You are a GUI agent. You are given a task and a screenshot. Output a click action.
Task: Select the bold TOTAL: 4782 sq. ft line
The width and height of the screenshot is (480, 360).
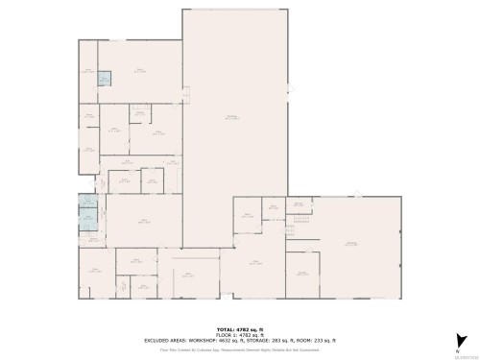(240, 327)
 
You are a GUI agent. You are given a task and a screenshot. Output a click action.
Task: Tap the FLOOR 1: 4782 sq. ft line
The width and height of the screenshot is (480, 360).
(240, 333)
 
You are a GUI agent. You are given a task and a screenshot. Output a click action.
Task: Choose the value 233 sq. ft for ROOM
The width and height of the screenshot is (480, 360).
(321, 339)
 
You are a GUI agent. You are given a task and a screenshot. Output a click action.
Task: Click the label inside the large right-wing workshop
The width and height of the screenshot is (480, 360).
(352, 244)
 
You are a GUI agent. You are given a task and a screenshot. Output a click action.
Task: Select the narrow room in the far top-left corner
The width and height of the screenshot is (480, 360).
(88, 71)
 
